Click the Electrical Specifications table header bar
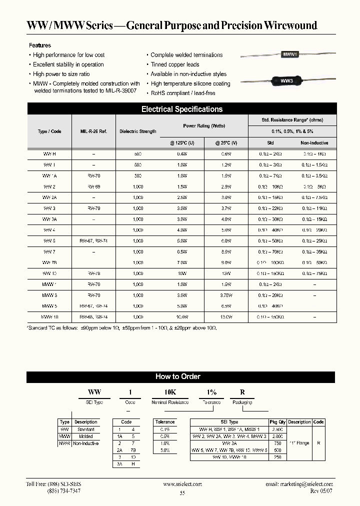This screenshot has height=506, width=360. pyautogui.click(x=182, y=109)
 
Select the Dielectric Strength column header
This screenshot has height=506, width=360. pyautogui.click(x=138, y=131)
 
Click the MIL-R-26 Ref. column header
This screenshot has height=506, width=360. pyautogui.click(x=93, y=131)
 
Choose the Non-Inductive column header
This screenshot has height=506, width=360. pyautogui.click(x=314, y=143)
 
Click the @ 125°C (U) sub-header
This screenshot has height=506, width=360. pyautogui.click(x=182, y=143)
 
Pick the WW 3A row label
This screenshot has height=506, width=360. pyautogui.click(x=49, y=219)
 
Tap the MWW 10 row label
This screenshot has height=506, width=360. pyautogui.click(x=49, y=317)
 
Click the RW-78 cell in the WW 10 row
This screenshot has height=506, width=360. pyautogui.click(x=93, y=273)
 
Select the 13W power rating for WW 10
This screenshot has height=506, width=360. pyautogui.click(x=226, y=273)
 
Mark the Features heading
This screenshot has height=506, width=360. pyautogui.click(x=40, y=45)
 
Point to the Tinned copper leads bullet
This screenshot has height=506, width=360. pyautogui.click(x=174, y=64)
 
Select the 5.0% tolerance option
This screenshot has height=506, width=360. pyautogui.click(x=164, y=450)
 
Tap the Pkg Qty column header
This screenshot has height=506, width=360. pyautogui.click(x=276, y=422)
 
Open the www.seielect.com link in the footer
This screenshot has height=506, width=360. pyautogui.click(x=182, y=484)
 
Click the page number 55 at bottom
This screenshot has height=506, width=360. pyautogui.click(x=182, y=493)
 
